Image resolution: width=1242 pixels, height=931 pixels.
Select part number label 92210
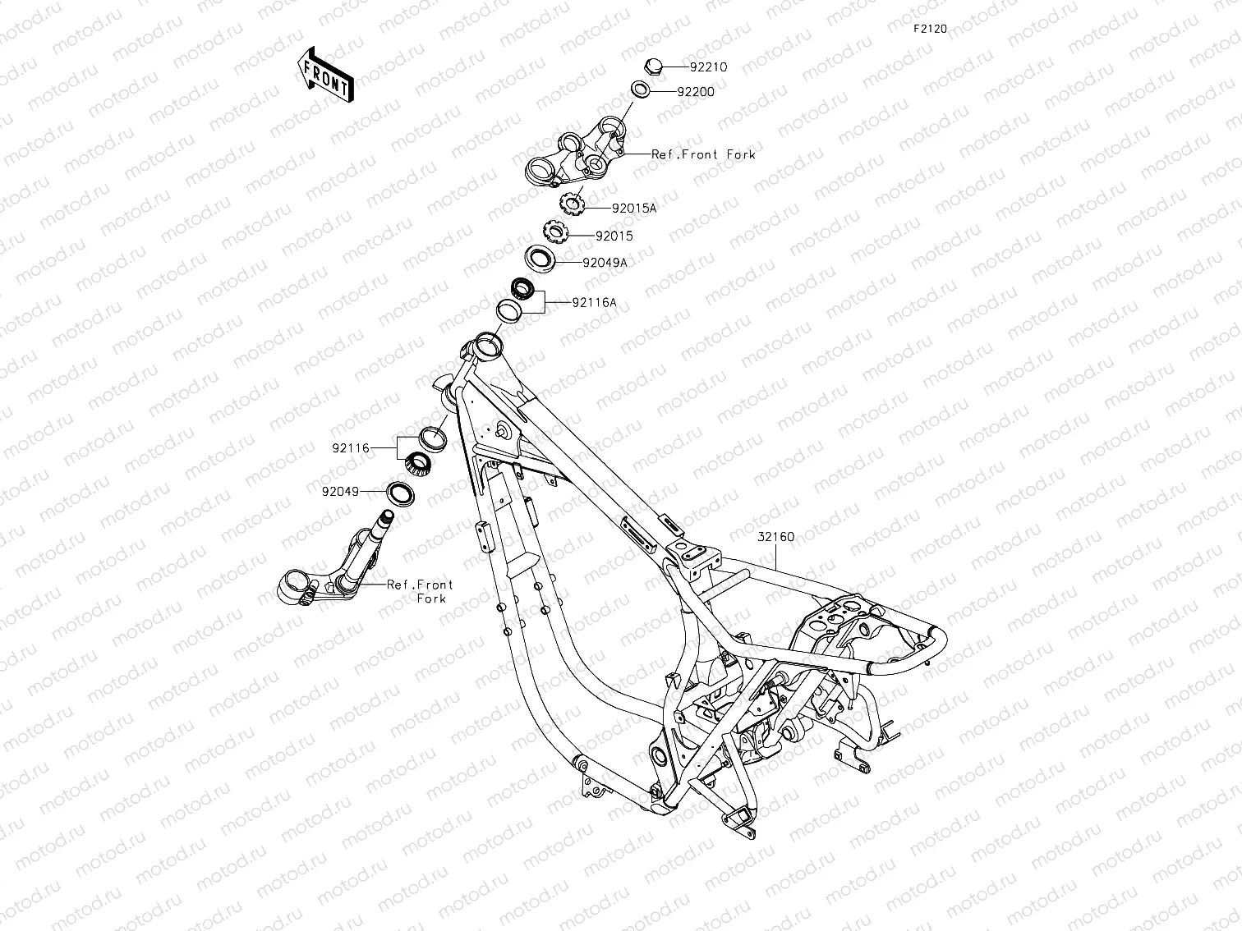click(x=708, y=67)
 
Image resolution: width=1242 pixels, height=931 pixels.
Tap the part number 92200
click(x=696, y=92)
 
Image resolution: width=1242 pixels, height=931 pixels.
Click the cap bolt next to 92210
click(x=654, y=66)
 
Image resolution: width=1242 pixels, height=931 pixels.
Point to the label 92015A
click(x=634, y=209)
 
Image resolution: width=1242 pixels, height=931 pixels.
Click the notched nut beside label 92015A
click(x=570, y=200)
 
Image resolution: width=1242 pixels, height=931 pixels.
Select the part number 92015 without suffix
click(x=614, y=236)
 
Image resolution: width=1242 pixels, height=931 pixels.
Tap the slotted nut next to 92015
click(x=555, y=230)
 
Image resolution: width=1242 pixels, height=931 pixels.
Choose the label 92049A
click(x=605, y=264)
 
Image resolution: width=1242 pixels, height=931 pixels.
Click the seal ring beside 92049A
click(x=540, y=258)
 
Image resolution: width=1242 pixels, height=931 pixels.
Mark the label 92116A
click(x=594, y=303)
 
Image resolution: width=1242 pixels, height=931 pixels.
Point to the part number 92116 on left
click(x=352, y=449)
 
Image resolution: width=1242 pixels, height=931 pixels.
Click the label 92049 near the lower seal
click(x=340, y=493)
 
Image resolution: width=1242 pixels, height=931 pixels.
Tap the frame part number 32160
click(x=775, y=538)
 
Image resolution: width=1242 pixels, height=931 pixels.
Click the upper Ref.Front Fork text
click(x=703, y=154)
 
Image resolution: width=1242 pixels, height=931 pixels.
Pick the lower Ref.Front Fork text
click(x=421, y=591)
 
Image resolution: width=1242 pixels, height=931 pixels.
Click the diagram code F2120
click(x=930, y=29)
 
